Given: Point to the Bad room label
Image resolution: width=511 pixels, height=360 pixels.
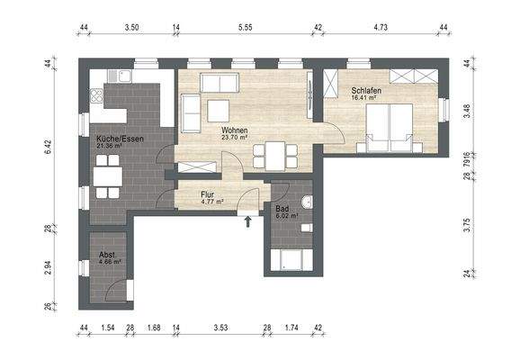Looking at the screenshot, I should tap(282, 208).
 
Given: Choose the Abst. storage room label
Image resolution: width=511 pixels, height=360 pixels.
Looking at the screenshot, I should tap(107, 255).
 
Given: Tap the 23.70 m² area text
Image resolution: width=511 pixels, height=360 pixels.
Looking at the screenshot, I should tap(235, 139).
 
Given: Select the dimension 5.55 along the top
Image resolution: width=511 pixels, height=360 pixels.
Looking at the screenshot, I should tap(245, 29).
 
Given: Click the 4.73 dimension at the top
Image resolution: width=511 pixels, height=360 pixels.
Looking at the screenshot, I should tap(381, 29).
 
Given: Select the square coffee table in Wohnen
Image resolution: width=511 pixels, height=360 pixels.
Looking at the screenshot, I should tap(219, 110).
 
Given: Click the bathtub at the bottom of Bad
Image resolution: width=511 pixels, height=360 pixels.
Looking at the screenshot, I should tap(294, 262).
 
